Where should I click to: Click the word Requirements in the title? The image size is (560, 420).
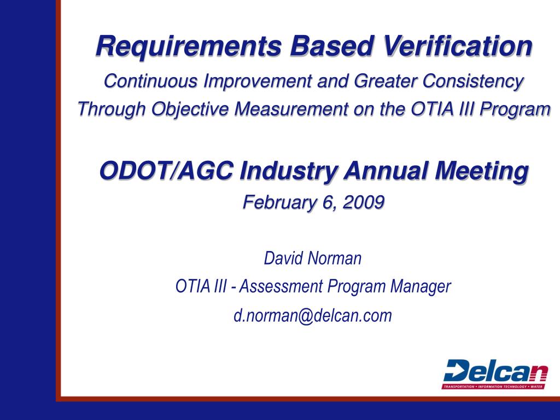[189, 46]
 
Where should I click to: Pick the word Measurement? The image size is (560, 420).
[291, 109]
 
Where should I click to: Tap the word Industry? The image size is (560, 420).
[289, 171]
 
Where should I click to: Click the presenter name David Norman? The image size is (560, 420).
[312, 258]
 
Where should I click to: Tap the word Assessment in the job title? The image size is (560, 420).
[282, 287]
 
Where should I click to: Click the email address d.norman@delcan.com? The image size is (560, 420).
[313, 316]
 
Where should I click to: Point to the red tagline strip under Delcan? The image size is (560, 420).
[493, 387]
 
